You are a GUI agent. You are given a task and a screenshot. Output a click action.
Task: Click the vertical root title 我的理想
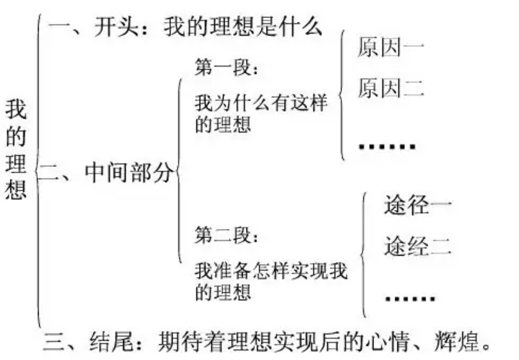click(15, 149)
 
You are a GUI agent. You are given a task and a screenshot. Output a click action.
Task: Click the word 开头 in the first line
click(116, 26)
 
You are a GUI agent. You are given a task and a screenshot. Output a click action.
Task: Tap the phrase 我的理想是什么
click(243, 26)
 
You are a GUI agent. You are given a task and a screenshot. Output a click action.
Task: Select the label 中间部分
click(129, 172)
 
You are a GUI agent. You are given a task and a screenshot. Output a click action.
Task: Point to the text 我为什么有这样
click(261, 102)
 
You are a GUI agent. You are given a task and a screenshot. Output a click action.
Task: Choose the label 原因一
click(391, 47)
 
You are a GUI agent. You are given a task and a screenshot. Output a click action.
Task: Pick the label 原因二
click(391, 88)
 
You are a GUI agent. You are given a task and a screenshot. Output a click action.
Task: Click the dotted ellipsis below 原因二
click(387, 146)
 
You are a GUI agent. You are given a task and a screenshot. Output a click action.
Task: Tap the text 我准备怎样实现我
click(270, 270)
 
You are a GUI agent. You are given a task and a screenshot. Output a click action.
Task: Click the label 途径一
click(418, 205)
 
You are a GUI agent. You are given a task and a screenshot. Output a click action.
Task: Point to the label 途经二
click(418, 246)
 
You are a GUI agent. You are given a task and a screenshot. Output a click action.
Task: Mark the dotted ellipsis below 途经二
click(410, 298)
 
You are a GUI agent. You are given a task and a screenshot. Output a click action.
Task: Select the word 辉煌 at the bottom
click(457, 341)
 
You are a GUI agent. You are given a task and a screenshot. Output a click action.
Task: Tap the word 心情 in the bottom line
click(388, 341)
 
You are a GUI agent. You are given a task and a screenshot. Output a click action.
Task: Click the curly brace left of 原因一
click(341, 95)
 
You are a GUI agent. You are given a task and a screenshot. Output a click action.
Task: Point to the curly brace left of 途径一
click(363, 254)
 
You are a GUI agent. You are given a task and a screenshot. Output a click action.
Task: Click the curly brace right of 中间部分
click(179, 171)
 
